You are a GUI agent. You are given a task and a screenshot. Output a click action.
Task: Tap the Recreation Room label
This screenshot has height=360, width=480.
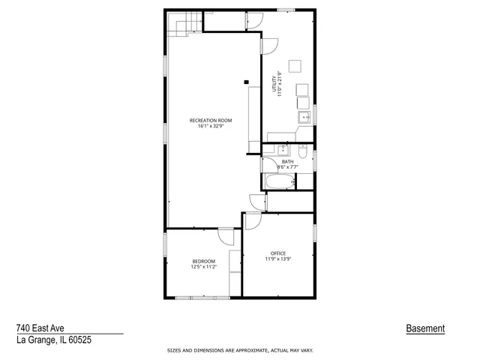click(x=210, y=120)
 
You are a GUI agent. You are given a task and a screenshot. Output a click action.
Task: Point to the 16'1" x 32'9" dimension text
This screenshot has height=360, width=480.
click(x=210, y=126)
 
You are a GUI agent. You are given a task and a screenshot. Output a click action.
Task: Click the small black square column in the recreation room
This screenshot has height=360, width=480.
click(x=245, y=82)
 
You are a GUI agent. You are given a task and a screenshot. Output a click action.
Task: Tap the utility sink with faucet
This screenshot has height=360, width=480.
click(x=305, y=117)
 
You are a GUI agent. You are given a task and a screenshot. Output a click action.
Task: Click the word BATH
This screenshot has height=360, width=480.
click(x=287, y=162)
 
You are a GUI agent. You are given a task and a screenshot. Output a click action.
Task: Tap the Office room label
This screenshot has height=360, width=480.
click(x=278, y=253)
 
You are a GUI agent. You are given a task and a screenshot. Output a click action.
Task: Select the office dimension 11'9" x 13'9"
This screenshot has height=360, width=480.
click(x=278, y=259)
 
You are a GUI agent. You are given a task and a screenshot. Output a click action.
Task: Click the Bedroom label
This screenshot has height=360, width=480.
click(x=203, y=261)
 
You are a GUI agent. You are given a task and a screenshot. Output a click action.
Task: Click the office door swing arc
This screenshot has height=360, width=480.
click(x=253, y=220)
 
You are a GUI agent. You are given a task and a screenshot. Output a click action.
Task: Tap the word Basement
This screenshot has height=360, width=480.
click(x=425, y=328)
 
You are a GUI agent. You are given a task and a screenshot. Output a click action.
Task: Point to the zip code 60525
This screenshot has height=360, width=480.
click(x=83, y=340)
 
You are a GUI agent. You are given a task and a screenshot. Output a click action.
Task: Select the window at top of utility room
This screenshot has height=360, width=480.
click(x=285, y=10)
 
